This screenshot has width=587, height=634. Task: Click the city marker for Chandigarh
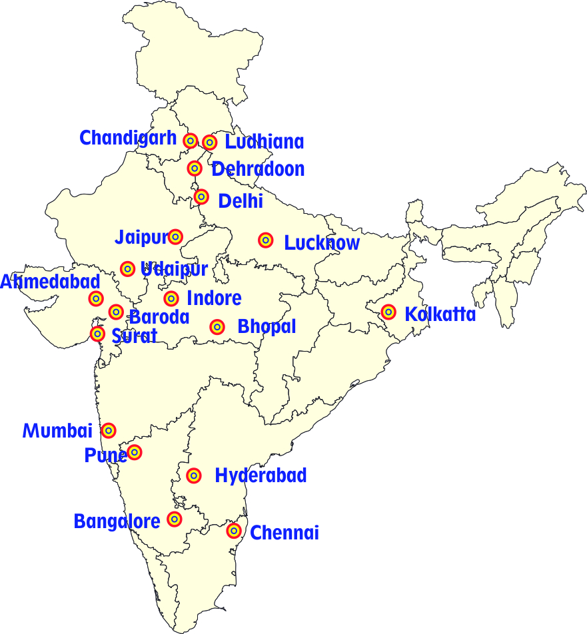click(x=191, y=141)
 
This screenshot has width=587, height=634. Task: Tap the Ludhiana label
click(x=264, y=142)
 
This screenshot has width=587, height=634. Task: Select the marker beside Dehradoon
click(x=195, y=168)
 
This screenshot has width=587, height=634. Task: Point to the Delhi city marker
click(x=201, y=197)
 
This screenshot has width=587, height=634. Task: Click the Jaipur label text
click(x=141, y=237)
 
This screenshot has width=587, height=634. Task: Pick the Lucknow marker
click(x=266, y=240)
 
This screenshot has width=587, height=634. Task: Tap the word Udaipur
click(x=175, y=269)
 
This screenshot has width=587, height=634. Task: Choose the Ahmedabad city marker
click(x=96, y=298)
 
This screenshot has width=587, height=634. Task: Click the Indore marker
click(x=171, y=298)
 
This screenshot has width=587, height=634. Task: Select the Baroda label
click(x=159, y=317)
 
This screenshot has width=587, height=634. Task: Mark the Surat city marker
click(x=98, y=334)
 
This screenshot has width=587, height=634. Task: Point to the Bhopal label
click(x=267, y=327)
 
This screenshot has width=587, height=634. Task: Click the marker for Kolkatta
click(x=388, y=312)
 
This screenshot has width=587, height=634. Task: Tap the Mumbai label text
click(x=58, y=431)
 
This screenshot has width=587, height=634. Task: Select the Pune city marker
click(x=135, y=453)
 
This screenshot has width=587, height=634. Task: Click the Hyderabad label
click(x=261, y=475)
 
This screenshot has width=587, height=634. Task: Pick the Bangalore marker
click(x=175, y=519)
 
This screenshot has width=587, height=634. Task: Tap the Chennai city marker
click(x=234, y=531)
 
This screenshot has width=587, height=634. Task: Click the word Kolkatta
click(x=440, y=314)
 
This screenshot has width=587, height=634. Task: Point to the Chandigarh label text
click(x=128, y=139)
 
